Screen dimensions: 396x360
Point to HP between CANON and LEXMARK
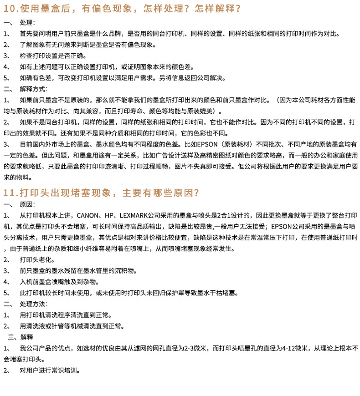coord(109,215)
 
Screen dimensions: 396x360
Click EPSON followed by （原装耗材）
coord(206,144)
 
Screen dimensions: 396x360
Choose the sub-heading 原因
coord(27,204)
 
